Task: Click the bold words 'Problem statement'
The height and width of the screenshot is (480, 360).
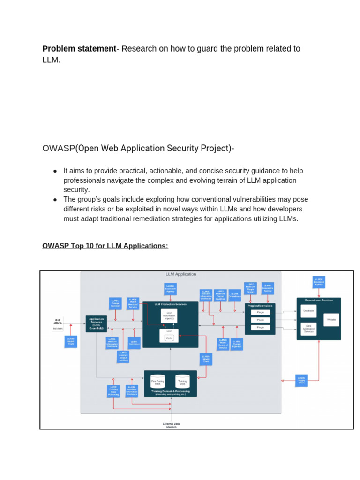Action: (x=79, y=49)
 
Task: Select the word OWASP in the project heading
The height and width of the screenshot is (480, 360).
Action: (x=59, y=149)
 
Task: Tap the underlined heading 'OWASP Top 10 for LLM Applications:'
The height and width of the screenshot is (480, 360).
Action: (x=105, y=246)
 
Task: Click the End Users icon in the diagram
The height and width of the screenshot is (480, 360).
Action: (x=58, y=322)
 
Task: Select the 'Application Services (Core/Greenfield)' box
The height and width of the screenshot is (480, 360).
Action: (x=96, y=324)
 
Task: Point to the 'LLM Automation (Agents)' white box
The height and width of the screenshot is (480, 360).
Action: (x=169, y=315)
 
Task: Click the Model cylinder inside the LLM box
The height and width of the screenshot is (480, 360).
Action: (x=169, y=337)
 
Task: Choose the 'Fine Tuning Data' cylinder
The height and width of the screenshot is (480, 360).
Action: (x=157, y=381)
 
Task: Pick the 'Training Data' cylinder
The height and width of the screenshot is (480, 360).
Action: (x=182, y=381)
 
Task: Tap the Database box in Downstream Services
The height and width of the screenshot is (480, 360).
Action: (x=308, y=311)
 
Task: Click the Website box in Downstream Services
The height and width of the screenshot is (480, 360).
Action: (x=331, y=320)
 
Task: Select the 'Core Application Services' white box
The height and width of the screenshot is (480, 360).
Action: (x=308, y=329)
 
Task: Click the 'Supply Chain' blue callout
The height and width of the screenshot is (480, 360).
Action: (x=302, y=380)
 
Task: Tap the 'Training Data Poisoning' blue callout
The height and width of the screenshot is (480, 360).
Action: (x=113, y=391)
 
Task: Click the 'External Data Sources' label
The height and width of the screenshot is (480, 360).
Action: (x=171, y=425)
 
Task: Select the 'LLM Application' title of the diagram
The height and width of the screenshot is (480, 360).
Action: (x=181, y=274)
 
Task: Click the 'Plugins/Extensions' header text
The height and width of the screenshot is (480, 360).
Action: (x=260, y=305)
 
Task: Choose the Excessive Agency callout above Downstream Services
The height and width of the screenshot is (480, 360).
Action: (x=319, y=282)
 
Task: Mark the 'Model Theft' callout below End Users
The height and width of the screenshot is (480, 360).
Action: (x=71, y=341)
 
